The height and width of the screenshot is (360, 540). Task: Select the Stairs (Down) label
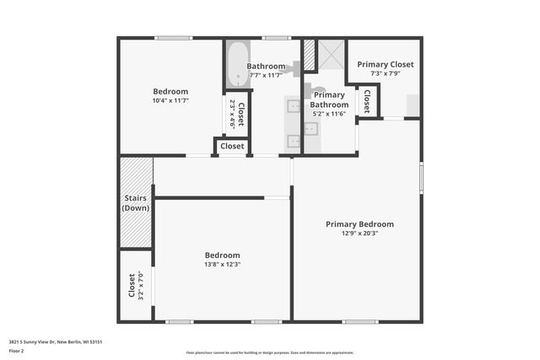point(135,203)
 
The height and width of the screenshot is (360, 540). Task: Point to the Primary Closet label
point(385,64)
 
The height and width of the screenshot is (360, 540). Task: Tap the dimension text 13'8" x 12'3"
point(222,265)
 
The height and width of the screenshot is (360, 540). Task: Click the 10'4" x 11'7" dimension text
point(170,101)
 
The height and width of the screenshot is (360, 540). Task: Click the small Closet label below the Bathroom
point(232,147)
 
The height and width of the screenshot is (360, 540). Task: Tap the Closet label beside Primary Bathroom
point(367,102)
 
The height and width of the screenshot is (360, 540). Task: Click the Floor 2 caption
point(17,350)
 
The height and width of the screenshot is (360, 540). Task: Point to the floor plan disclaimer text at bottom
point(270,352)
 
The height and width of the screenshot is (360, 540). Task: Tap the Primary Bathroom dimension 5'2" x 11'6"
point(328,114)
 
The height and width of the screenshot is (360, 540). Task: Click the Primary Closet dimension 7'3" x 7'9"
point(385,73)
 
